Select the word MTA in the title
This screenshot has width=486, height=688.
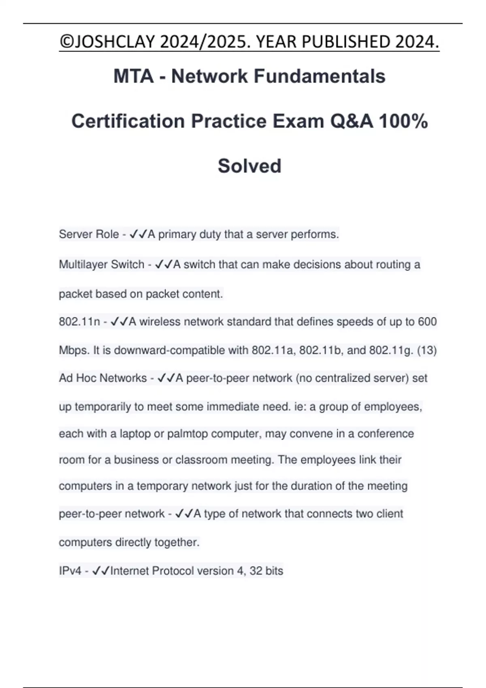click(x=133, y=76)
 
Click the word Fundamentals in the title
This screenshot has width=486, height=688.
click(x=320, y=76)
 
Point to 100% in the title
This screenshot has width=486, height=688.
click(x=403, y=121)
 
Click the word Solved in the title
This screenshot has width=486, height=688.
click(x=249, y=166)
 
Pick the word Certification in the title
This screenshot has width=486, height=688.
click(x=128, y=121)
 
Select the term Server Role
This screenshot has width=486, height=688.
click(x=89, y=234)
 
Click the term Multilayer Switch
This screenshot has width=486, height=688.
click(x=102, y=265)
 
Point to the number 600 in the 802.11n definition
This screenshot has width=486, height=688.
click(x=427, y=322)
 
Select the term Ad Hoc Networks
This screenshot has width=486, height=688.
click(x=103, y=378)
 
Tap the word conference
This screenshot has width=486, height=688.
click(x=386, y=434)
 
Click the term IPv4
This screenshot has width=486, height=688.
click(x=70, y=571)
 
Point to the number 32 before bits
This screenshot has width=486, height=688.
click(x=256, y=571)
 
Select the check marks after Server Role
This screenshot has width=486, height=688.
click(x=138, y=234)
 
